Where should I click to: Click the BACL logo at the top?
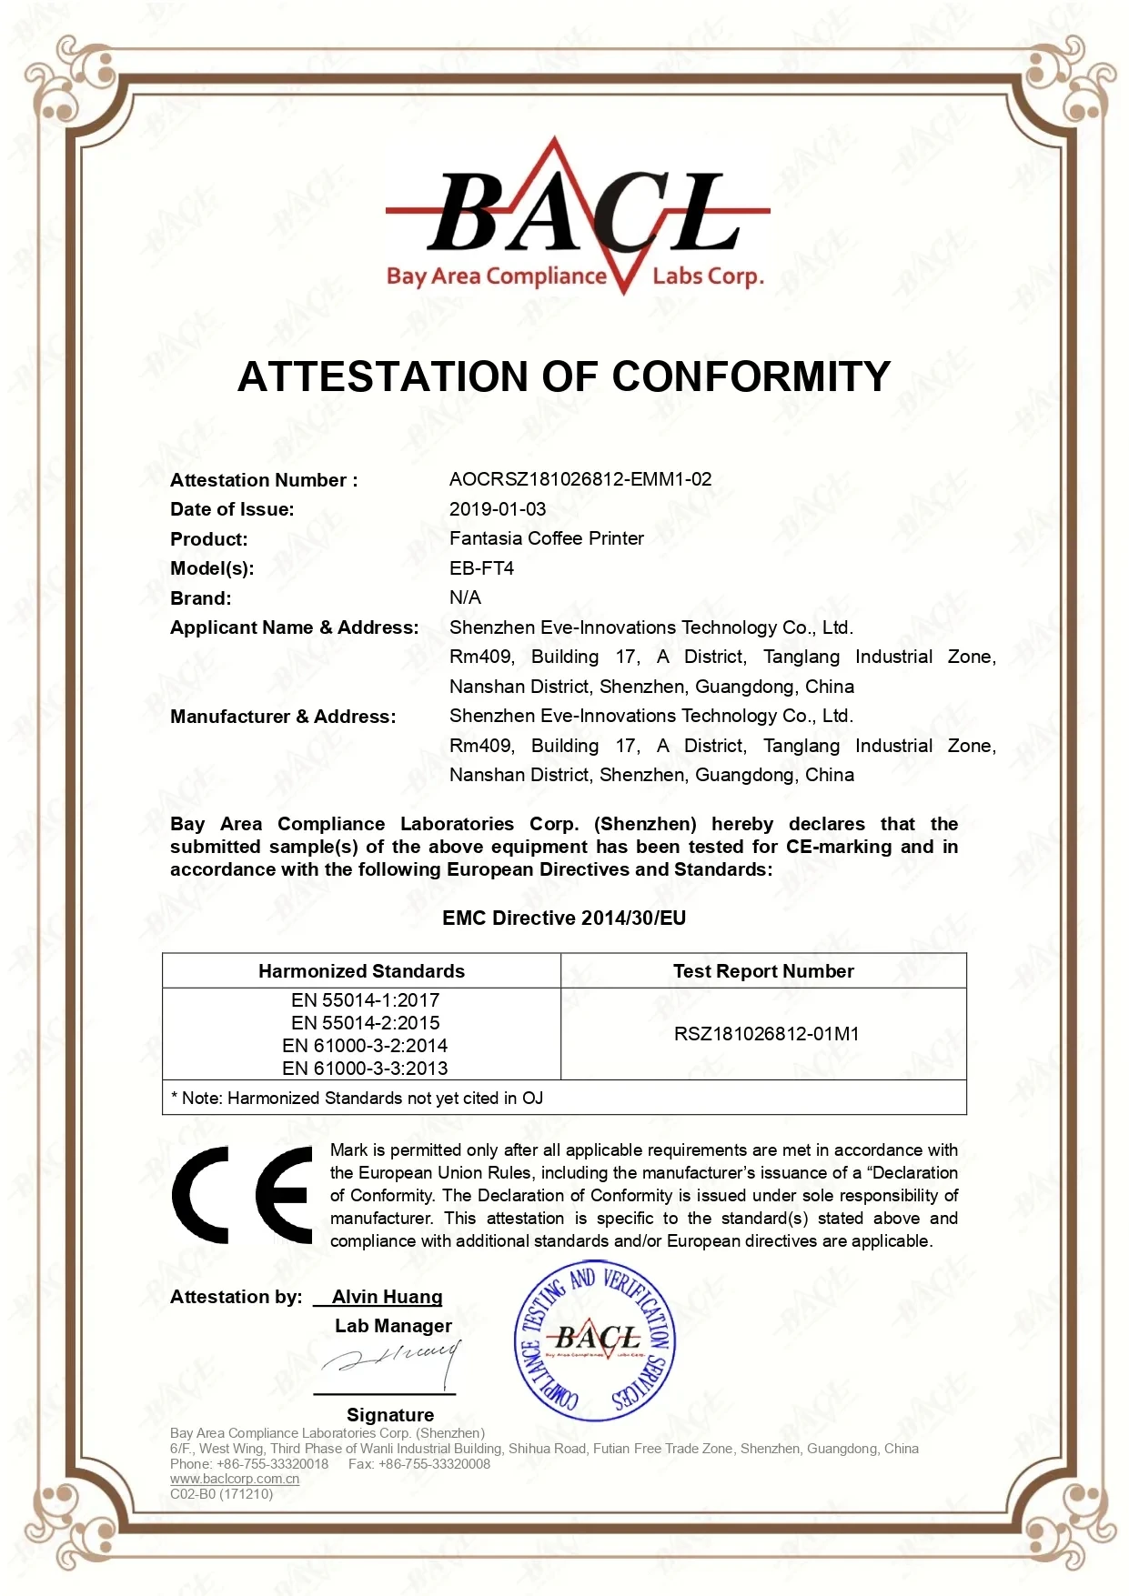(x=577, y=218)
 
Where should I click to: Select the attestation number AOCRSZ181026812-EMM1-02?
(x=580, y=479)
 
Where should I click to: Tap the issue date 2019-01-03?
(x=498, y=509)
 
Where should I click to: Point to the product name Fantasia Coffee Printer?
(x=546, y=538)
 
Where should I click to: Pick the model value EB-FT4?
(x=481, y=568)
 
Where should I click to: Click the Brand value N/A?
(x=465, y=597)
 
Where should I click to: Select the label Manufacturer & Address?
(x=283, y=717)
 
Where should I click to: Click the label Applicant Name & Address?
(x=294, y=627)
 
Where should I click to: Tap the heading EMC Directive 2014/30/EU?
(x=564, y=918)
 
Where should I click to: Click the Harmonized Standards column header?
(x=361, y=971)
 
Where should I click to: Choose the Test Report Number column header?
(x=763, y=971)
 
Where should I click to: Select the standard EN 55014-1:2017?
(x=365, y=1000)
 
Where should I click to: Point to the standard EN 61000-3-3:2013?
(x=365, y=1069)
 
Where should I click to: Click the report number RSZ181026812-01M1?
(x=766, y=1034)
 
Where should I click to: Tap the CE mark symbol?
(x=242, y=1195)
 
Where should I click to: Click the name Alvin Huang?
(x=387, y=1297)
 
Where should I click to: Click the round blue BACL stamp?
(x=595, y=1340)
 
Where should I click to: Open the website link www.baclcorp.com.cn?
(x=235, y=1479)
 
